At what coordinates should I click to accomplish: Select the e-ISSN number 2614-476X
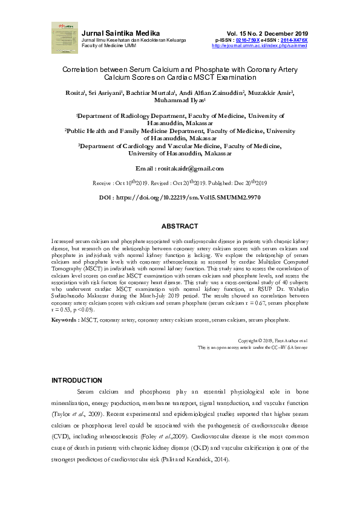coord(294,40)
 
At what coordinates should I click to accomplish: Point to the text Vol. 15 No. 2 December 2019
coord(267,33)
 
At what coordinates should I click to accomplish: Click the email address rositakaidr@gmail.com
coord(189,169)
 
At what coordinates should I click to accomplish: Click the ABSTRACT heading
coord(180,226)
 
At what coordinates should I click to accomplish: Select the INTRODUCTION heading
coord(77,380)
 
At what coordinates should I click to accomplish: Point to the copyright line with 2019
coord(273,341)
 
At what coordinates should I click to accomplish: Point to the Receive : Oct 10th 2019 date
coord(120,183)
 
